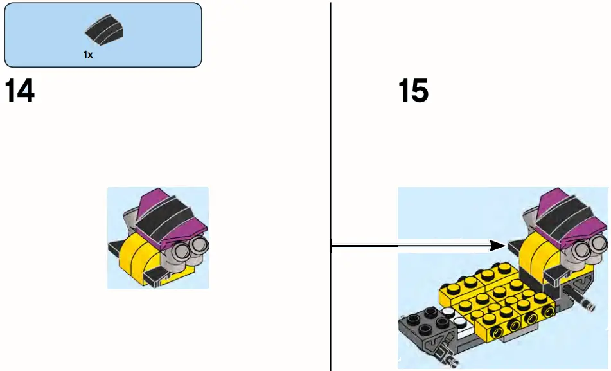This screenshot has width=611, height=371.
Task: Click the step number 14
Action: pyautogui.click(x=20, y=92)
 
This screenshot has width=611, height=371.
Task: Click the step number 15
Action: pyautogui.click(x=413, y=92)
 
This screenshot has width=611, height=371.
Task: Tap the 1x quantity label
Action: pyautogui.click(x=88, y=55)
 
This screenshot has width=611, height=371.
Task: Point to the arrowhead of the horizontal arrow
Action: pyautogui.click(x=500, y=245)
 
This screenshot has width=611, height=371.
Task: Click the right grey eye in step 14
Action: pyautogui.click(x=199, y=243)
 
